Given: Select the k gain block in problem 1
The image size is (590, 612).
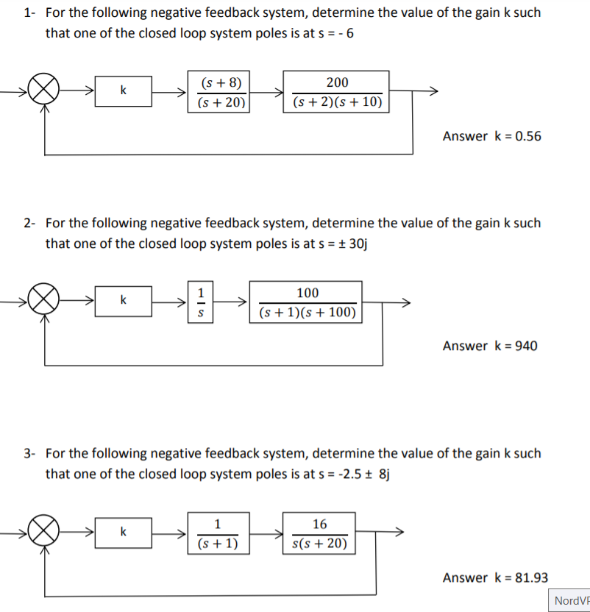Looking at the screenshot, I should [x=124, y=91].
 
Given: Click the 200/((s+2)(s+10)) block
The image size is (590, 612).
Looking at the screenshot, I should [x=337, y=92].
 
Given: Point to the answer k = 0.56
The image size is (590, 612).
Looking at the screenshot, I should [x=491, y=136].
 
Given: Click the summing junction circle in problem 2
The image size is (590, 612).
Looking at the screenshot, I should [x=45, y=302].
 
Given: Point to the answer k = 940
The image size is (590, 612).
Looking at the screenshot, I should [x=490, y=346].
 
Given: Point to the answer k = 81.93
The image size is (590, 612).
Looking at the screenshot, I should [x=495, y=577].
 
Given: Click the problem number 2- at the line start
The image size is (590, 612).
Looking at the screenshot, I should [x=29, y=223].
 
